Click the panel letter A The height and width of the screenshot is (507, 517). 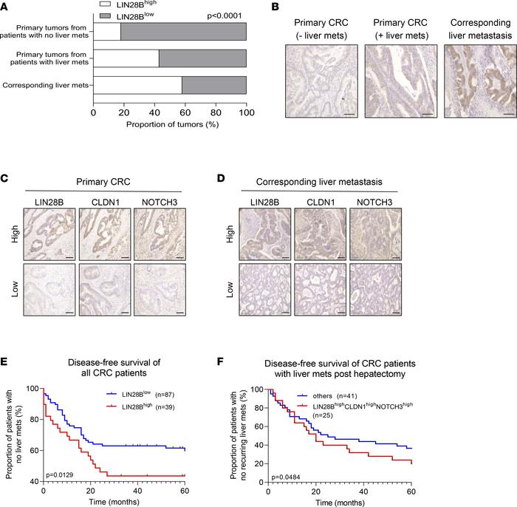pos(6,7)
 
